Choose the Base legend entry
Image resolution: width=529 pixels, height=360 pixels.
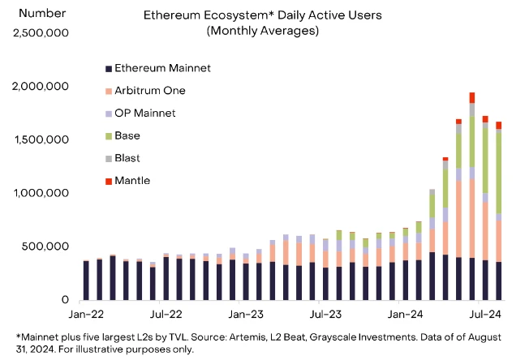point(128,135)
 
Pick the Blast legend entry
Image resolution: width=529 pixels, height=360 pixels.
point(129,158)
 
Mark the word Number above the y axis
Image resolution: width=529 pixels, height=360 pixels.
point(37,14)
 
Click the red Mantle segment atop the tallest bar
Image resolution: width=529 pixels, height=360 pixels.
point(471,97)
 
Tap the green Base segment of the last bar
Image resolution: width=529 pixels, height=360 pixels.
point(497,170)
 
